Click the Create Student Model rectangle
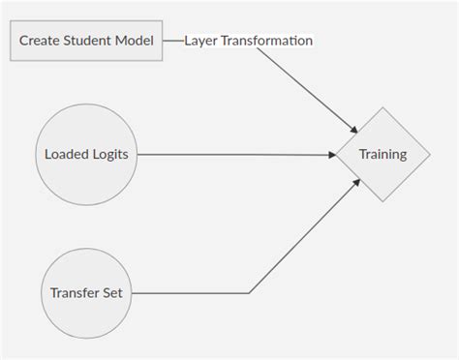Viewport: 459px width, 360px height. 86,41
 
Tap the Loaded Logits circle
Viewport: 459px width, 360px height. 86,154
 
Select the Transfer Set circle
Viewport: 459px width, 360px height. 86,292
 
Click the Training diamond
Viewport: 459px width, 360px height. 382,154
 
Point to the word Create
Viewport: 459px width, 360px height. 41,41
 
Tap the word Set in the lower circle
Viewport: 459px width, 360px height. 112,292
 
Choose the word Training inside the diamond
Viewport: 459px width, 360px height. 382,154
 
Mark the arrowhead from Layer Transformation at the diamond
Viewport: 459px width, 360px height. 352,128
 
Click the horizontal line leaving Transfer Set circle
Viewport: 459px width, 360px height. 194,292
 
